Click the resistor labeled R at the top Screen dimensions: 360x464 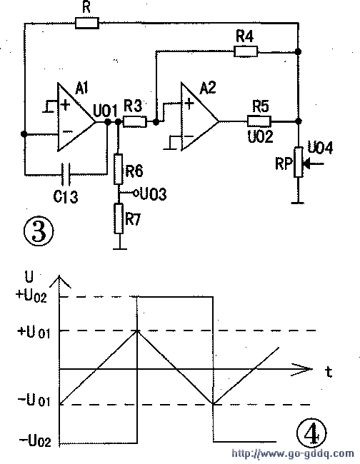86,23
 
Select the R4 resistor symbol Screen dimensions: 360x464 246,51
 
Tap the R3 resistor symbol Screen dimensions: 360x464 135,122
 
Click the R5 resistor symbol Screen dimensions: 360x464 259,121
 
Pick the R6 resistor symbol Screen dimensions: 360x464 119,169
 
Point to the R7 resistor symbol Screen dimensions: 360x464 119,218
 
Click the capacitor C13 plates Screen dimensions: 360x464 66,173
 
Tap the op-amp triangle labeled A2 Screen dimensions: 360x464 200,116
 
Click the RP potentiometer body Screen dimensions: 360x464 299,162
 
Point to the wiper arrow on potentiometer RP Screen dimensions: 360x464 314,163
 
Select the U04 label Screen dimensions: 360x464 320,147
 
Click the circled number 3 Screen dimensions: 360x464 39,231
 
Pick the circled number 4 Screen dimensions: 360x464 311,433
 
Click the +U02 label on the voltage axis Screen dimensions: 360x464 31,296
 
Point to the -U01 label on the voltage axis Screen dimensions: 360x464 34,401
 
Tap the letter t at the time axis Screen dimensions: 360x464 329,372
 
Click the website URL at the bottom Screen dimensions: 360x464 293,453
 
